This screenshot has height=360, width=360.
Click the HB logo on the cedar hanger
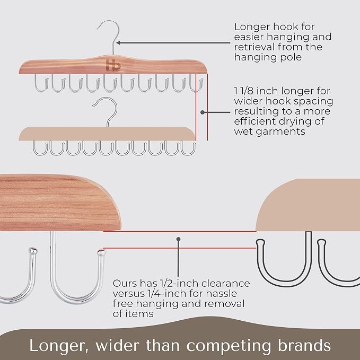click(113, 65)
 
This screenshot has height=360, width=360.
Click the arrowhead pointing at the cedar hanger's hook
click(119, 43)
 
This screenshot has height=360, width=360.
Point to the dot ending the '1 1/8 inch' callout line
click(203, 112)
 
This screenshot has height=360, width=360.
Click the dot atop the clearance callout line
click(178, 239)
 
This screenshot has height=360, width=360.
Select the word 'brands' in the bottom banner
click(304, 345)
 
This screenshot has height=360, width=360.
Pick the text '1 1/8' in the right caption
click(243, 91)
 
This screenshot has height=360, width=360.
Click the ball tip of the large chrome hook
click(101, 252)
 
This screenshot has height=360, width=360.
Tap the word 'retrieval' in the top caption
click(254, 47)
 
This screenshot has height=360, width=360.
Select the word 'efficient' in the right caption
click(254, 121)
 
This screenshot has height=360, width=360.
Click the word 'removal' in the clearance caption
click(224, 303)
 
